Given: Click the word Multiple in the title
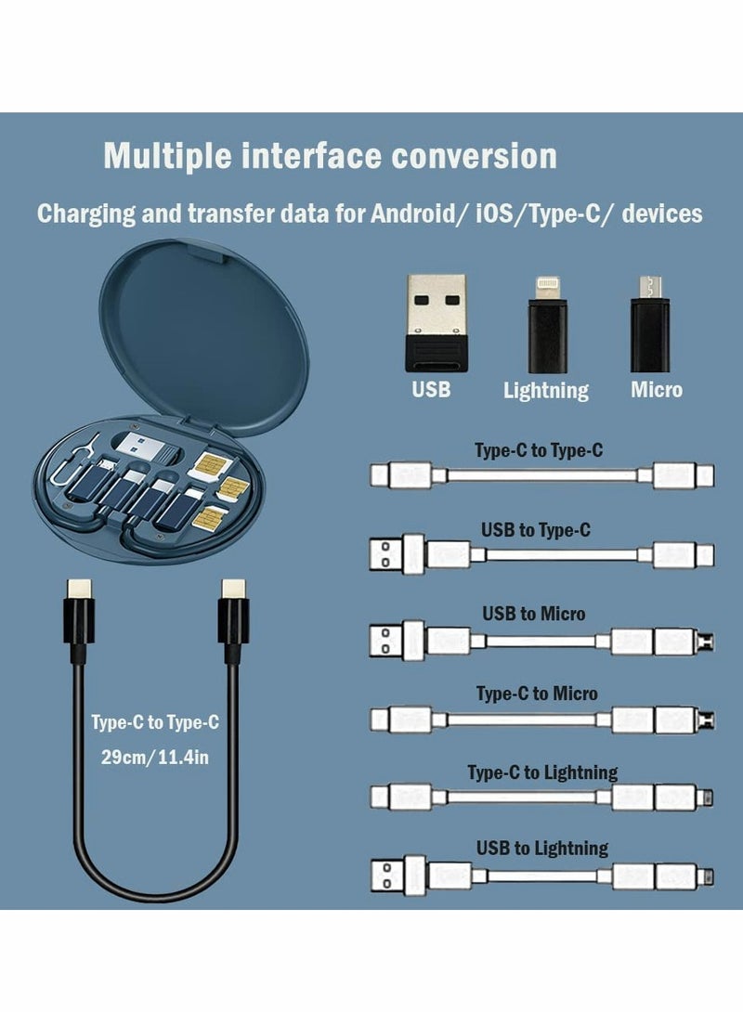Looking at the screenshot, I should coord(166,156).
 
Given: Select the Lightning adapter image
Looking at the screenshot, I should coord(545,324).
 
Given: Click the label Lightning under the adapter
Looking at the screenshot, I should coord(545,391).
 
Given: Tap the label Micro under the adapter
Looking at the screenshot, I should coord(657,390).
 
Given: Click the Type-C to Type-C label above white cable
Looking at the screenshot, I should coord(539,451).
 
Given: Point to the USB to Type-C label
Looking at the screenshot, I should coord(535,530).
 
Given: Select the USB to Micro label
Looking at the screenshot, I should coord(533,614).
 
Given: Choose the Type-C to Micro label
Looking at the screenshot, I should coord(537,694).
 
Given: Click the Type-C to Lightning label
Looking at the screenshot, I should coord(542,772).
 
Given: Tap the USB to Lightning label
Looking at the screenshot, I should coord(542,848).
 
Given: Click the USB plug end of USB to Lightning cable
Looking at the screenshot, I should coord(389,876).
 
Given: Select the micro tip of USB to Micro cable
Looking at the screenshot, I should coord(709,641).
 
